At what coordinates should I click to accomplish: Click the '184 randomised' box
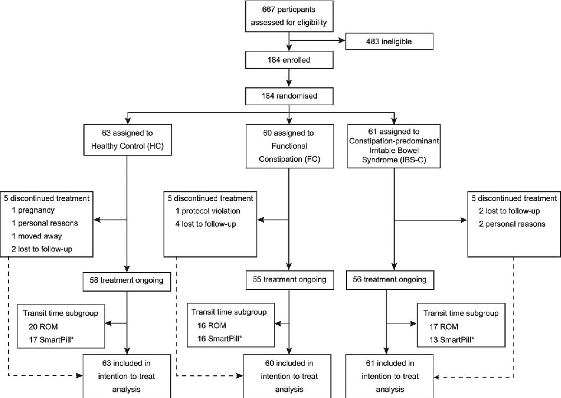[x=288, y=96]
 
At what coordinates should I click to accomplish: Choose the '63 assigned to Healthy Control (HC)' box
[x=128, y=140]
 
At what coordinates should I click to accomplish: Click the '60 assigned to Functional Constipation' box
[x=288, y=146]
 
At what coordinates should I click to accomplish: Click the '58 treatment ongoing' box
[x=128, y=280]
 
